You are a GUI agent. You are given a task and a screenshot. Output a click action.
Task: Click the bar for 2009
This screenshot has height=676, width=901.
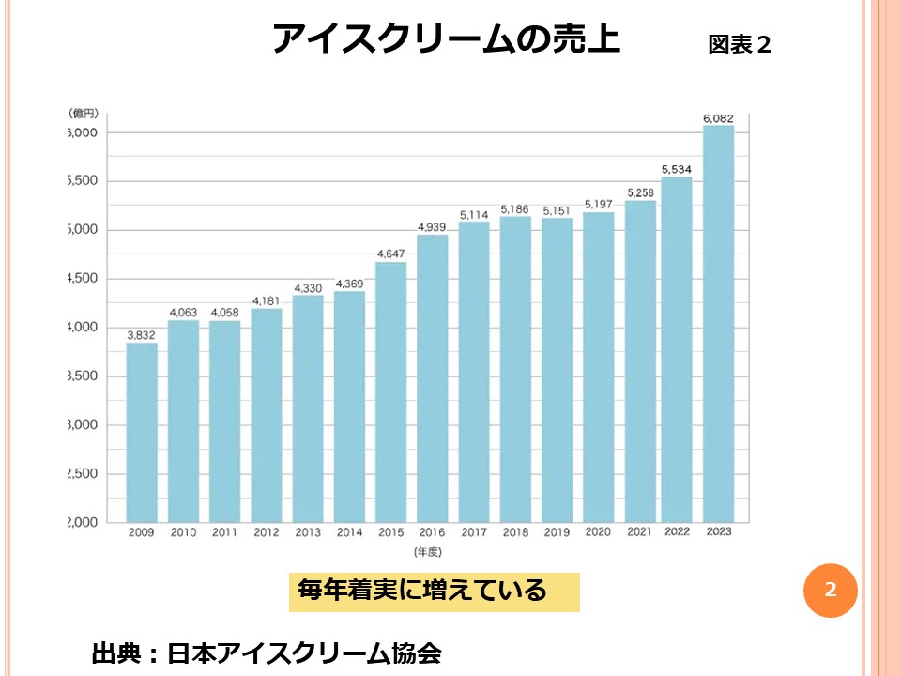142,432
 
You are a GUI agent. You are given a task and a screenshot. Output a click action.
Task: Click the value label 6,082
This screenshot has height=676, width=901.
718,118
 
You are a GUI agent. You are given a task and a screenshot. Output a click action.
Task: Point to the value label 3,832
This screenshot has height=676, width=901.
142,335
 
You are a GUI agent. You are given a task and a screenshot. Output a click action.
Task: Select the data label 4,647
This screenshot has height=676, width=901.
390,254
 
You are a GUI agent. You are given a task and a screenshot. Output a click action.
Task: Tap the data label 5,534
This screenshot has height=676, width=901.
676,169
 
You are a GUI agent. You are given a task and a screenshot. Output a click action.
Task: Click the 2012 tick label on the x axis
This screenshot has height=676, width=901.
266,532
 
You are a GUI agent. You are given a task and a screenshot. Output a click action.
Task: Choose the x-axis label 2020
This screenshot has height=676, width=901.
598,532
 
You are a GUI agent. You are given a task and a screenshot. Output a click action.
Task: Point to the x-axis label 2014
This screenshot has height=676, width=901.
349,532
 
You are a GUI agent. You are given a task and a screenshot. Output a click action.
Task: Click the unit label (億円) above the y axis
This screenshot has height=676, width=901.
84,113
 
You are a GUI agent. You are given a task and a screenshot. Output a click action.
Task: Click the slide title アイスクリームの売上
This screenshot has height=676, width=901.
446,39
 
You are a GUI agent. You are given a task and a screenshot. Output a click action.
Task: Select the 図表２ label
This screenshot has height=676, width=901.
740,45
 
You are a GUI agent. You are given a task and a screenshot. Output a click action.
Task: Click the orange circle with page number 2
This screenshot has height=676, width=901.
831,591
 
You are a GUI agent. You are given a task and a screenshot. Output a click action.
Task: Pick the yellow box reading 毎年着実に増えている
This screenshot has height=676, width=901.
434,591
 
